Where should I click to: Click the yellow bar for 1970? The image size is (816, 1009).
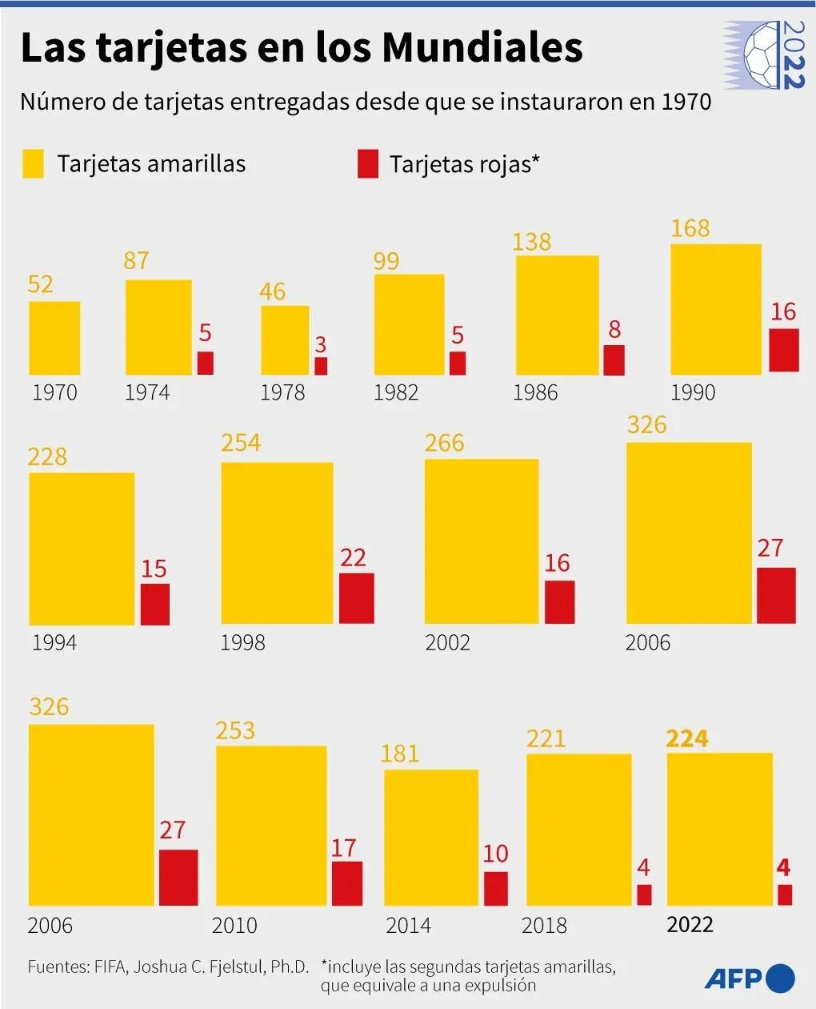click(x=54, y=338)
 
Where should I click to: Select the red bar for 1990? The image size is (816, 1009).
click(x=783, y=349)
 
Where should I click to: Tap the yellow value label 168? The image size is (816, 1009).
click(x=690, y=228)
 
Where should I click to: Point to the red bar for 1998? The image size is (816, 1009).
click(x=356, y=597)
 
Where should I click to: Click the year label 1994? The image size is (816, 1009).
click(x=54, y=642)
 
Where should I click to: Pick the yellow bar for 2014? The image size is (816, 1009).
click(x=431, y=838)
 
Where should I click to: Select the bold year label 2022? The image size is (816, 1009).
click(x=690, y=924)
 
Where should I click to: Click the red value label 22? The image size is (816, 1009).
click(x=353, y=557)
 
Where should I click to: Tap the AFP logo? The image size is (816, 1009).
click(x=750, y=978)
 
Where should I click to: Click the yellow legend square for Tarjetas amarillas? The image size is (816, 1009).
click(x=33, y=164)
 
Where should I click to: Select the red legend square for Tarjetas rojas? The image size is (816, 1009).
click(x=367, y=164)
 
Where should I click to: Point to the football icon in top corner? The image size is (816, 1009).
click(x=764, y=54)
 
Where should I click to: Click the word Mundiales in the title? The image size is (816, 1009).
click(x=482, y=48)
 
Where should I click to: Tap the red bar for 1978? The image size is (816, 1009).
click(x=321, y=366)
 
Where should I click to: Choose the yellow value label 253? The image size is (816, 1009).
click(x=235, y=730)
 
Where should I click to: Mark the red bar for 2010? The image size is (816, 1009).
click(x=346, y=883)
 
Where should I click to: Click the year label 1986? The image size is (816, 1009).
click(x=535, y=392)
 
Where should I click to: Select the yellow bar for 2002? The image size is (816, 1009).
click(x=482, y=541)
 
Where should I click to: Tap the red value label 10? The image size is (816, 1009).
click(x=495, y=854)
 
